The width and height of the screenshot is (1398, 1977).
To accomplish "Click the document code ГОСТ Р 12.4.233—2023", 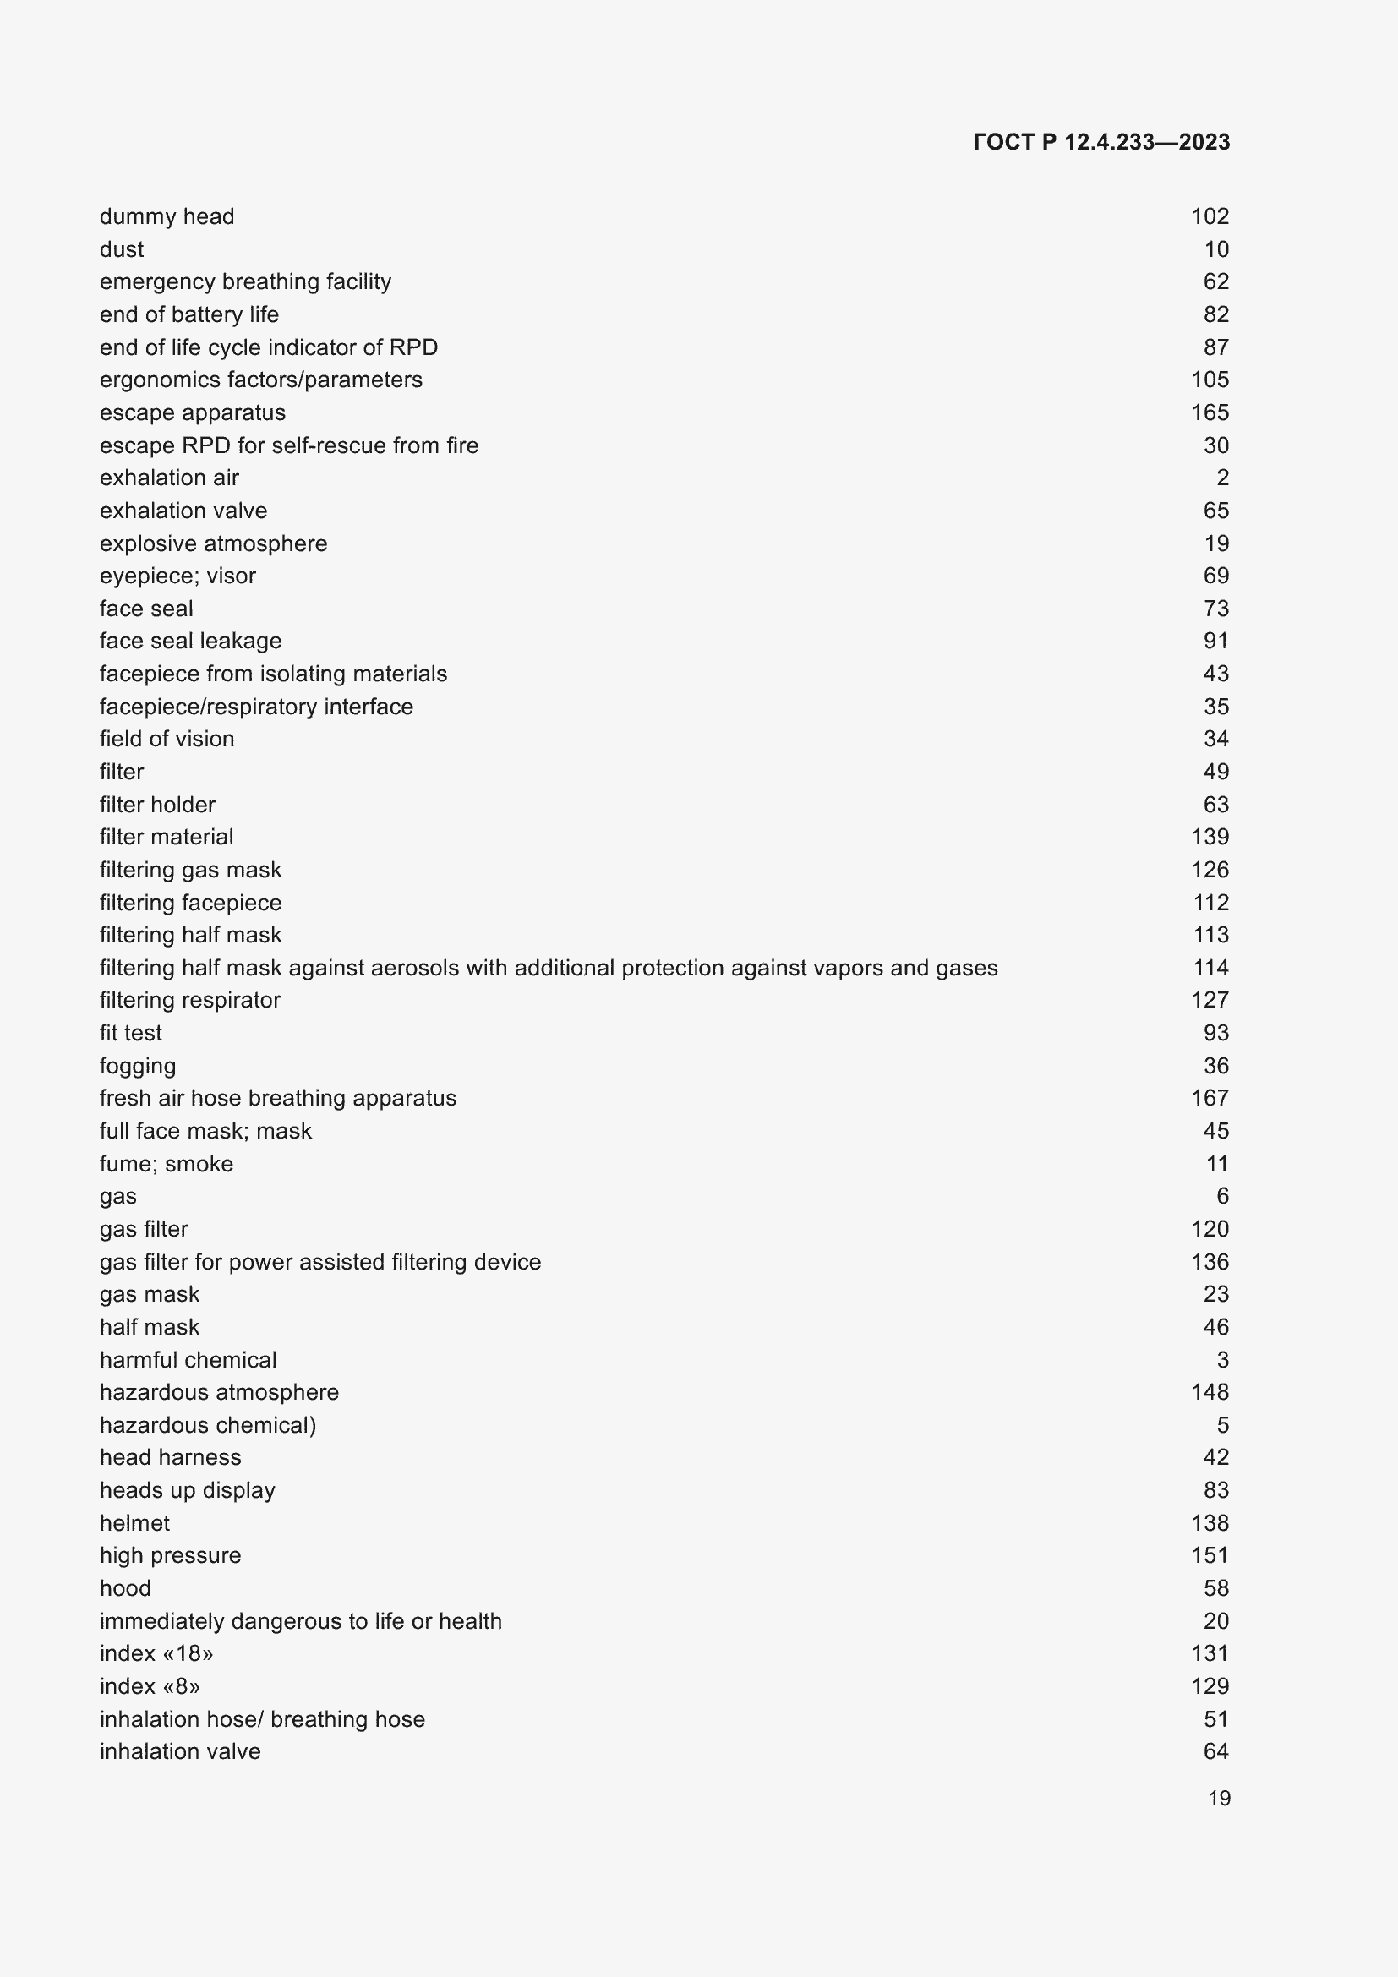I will pyautogui.click(x=1101, y=142).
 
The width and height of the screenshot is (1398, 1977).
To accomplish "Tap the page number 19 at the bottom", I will pyautogui.click(x=1218, y=1799).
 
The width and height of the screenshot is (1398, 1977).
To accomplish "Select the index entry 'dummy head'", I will pyautogui.click(x=167, y=216).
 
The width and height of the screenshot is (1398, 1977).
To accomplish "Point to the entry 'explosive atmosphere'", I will pyautogui.click(x=214, y=543).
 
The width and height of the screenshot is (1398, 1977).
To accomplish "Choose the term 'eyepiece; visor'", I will pyautogui.click(x=177, y=576).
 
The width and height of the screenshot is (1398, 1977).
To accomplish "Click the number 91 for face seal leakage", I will pyautogui.click(x=1215, y=641).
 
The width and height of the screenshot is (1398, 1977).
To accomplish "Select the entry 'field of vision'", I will pyautogui.click(x=167, y=739).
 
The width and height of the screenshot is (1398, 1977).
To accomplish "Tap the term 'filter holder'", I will pyautogui.click(x=157, y=804).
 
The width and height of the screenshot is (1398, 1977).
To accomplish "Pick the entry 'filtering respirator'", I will pyautogui.click(x=190, y=1000).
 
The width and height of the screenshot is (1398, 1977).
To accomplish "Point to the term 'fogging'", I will pyautogui.click(x=138, y=1066).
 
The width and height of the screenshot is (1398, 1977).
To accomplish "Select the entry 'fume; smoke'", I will pyautogui.click(x=167, y=1164).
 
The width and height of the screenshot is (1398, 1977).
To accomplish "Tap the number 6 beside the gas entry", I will pyautogui.click(x=1222, y=1196).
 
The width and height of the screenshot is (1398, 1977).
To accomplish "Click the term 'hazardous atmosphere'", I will pyautogui.click(x=220, y=1392).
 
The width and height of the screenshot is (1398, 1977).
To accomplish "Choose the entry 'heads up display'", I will pyautogui.click(x=188, y=1490).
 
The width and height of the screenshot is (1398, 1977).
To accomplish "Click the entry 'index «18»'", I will pyautogui.click(x=156, y=1653).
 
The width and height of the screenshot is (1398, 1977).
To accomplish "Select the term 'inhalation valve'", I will pyautogui.click(x=180, y=1751).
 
